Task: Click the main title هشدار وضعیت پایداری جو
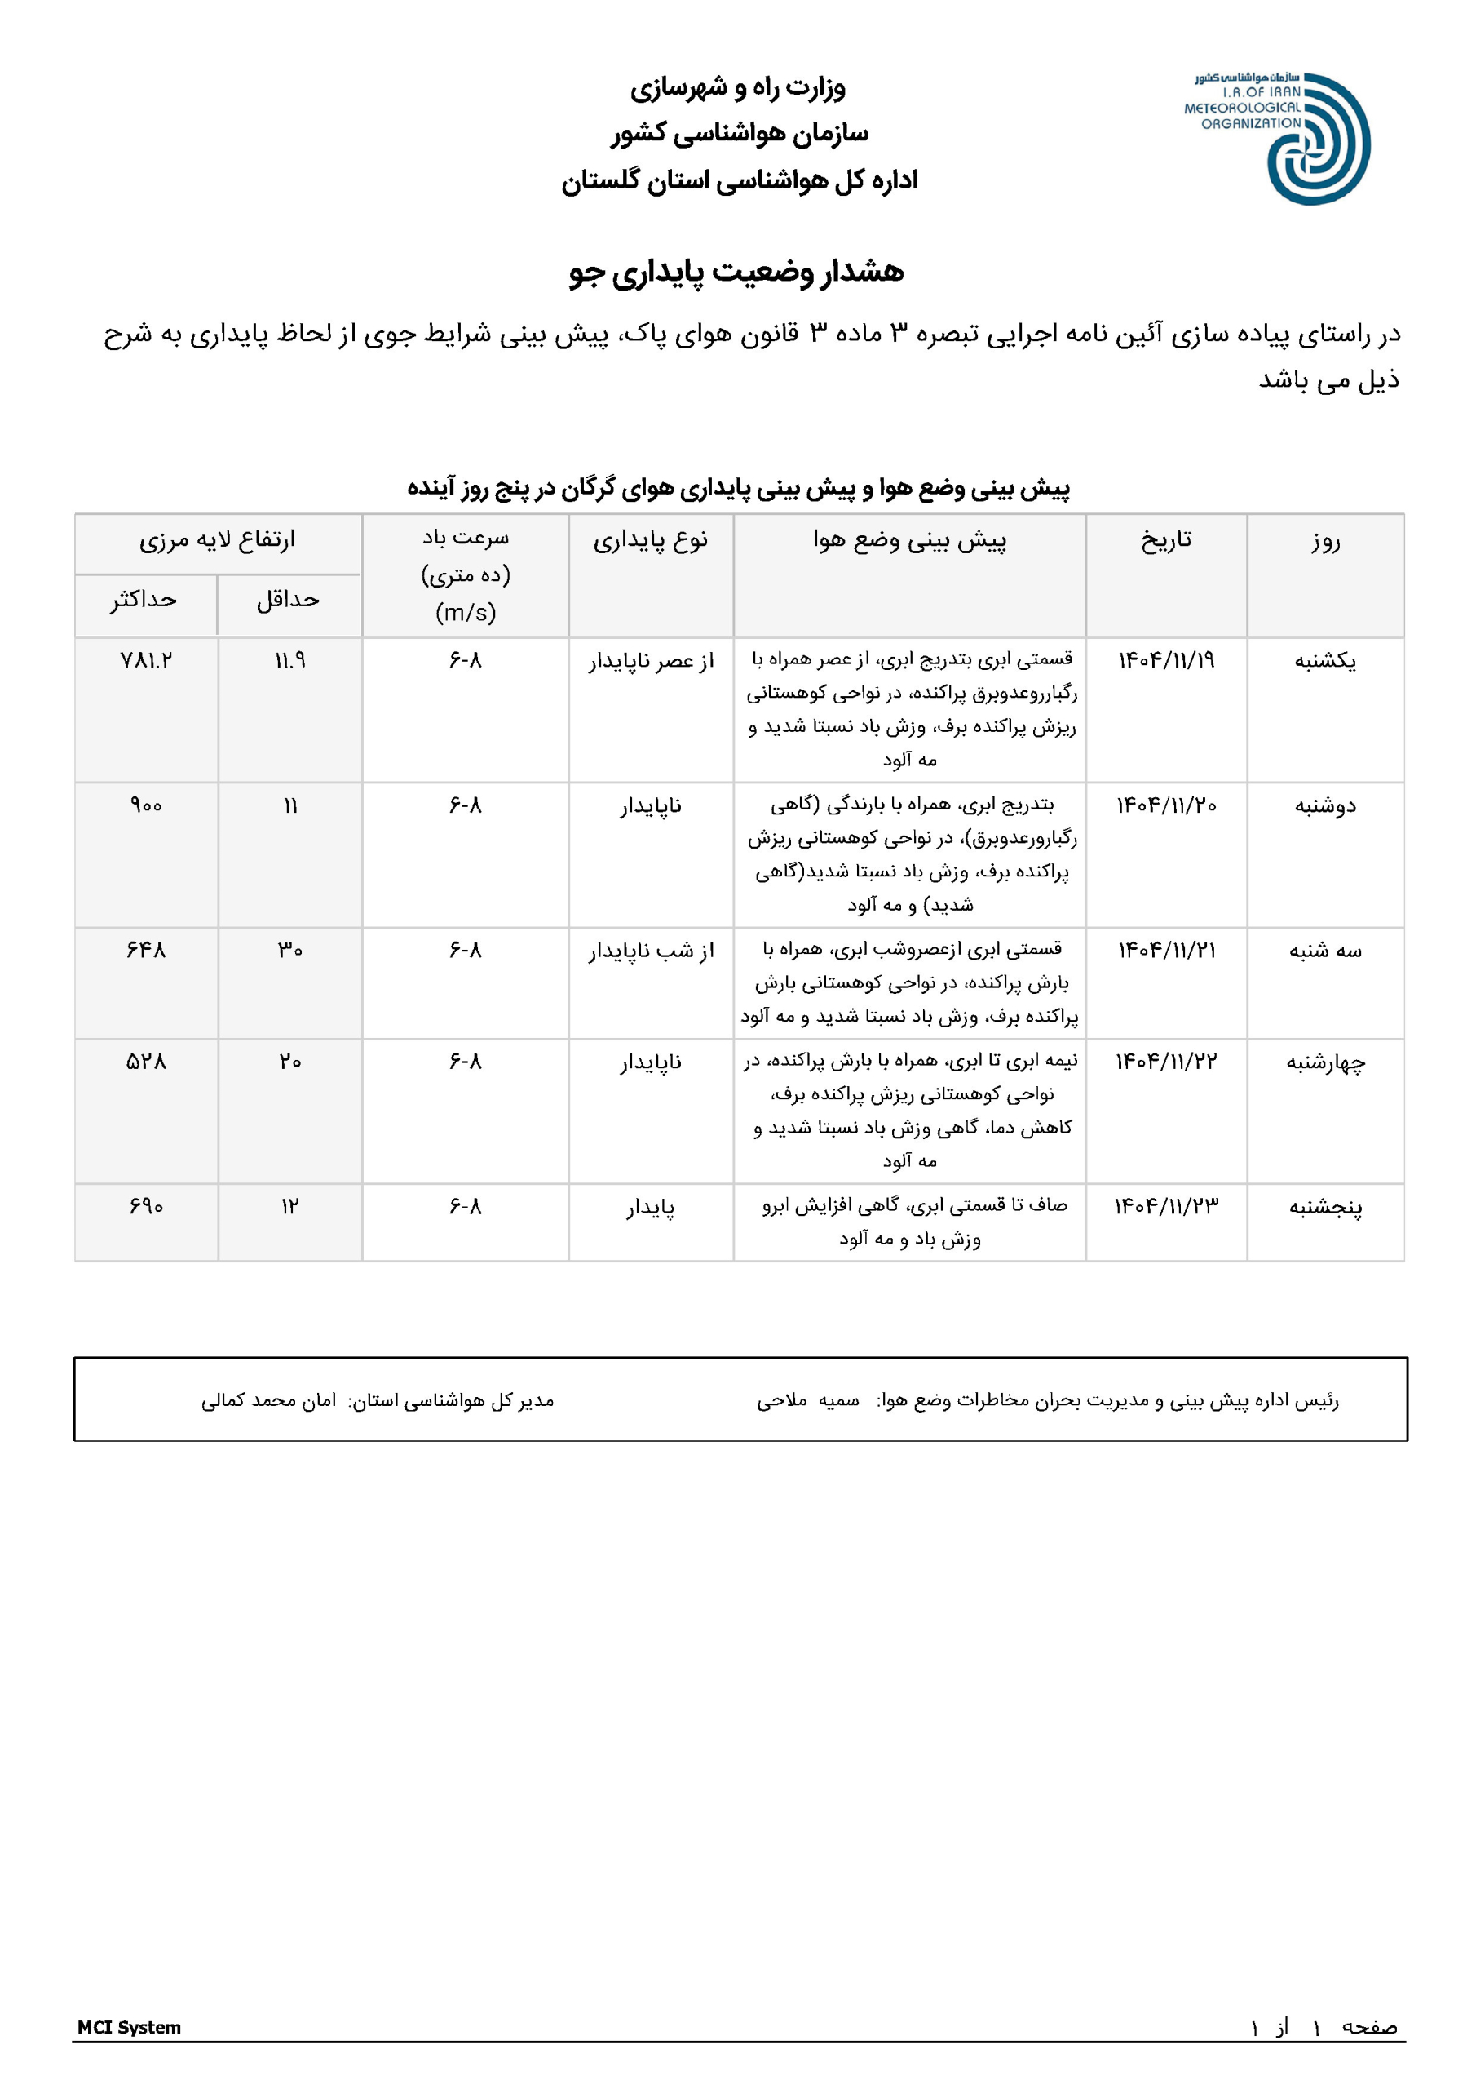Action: pyautogui.click(x=736, y=272)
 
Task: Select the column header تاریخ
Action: pyautogui.click(x=1166, y=540)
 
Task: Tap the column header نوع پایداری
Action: pyautogui.click(x=650, y=540)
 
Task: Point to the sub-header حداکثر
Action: pyautogui.click(x=144, y=600)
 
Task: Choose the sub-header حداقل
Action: pyautogui.click(x=289, y=600)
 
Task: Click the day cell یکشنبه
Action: pyautogui.click(x=1324, y=660)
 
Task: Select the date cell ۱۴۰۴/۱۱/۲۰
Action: pyautogui.click(x=1166, y=805)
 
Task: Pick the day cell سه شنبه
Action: pyautogui.click(x=1324, y=951)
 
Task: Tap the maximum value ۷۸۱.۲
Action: pyautogui.click(x=145, y=660)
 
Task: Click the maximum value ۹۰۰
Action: pyautogui.click(x=145, y=805)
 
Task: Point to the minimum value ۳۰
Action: pyautogui.click(x=290, y=951)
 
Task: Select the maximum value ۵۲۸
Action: pyautogui.click(x=145, y=1062)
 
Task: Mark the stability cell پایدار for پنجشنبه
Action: pyautogui.click(x=650, y=1208)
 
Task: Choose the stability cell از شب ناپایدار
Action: pyautogui.click(x=650, y=951)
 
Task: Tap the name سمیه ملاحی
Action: pyautogui.click(x=807, y=1400)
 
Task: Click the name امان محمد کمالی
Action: pyautogui.click(x=268, y=1400)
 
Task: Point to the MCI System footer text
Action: pyautogui.click(x=129, y=2027)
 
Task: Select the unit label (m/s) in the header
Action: pyautogui.click(x=466, y=612)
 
